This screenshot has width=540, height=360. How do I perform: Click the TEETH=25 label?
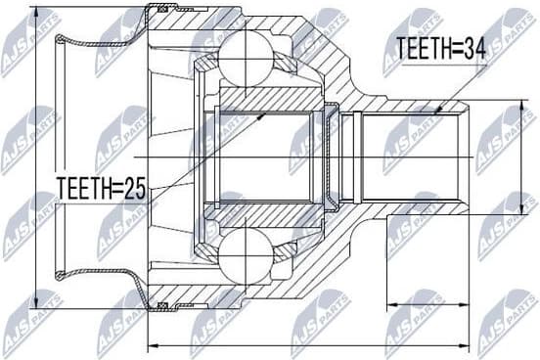tap(100, 187)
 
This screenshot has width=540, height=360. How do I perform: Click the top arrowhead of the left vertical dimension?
tap(35, 12)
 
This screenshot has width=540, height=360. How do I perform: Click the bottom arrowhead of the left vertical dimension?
tap(35, 304)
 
